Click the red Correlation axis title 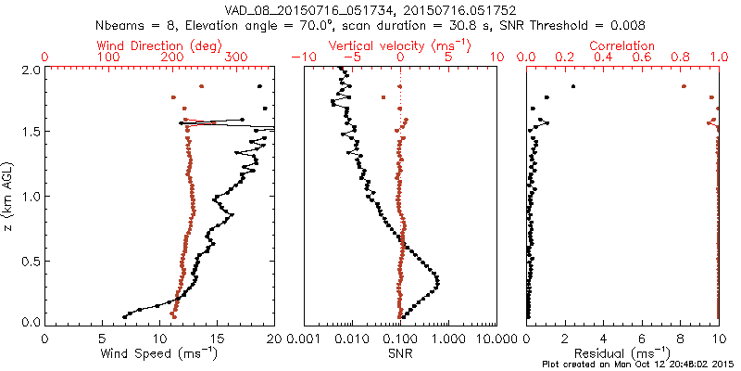point(622,45)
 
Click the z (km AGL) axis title point(7,196)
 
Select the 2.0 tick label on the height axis point(29,70)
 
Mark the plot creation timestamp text point(639,365)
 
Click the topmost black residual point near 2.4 point(573,86)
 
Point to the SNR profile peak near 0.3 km point(437,281)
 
